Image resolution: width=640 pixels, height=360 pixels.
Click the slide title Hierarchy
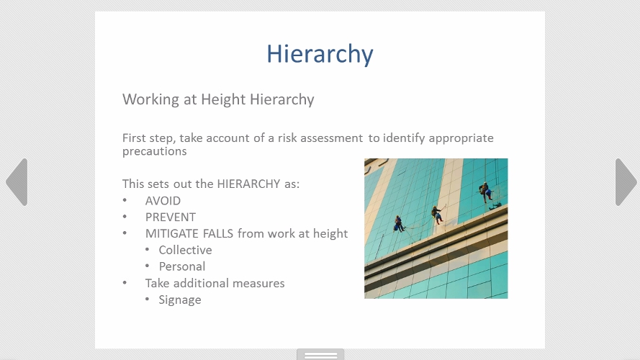pos(320,54)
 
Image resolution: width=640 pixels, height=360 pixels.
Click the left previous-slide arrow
pos(17,182)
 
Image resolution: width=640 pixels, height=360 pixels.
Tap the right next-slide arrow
pos(626,182)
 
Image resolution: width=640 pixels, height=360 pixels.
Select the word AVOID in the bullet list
pos(163,201)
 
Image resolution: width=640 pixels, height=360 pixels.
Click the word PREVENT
pos(171,217)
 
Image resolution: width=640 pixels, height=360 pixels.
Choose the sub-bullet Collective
pos(185,250)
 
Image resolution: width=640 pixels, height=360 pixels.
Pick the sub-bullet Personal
pos(182,266)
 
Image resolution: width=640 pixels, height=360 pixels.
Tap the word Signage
pos(180,300)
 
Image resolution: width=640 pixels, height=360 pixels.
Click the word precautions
pos(155,151)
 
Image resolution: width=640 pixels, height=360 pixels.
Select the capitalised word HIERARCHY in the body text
pos(248,184)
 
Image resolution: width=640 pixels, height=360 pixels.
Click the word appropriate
pos(461,138)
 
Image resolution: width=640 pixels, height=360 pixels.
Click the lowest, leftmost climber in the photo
pos(399,224)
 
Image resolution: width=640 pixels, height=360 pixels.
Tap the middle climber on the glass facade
pos(437,215)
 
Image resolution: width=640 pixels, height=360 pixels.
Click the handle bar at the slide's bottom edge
pos(320,354)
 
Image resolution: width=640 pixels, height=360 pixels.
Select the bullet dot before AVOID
pos(125,200)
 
